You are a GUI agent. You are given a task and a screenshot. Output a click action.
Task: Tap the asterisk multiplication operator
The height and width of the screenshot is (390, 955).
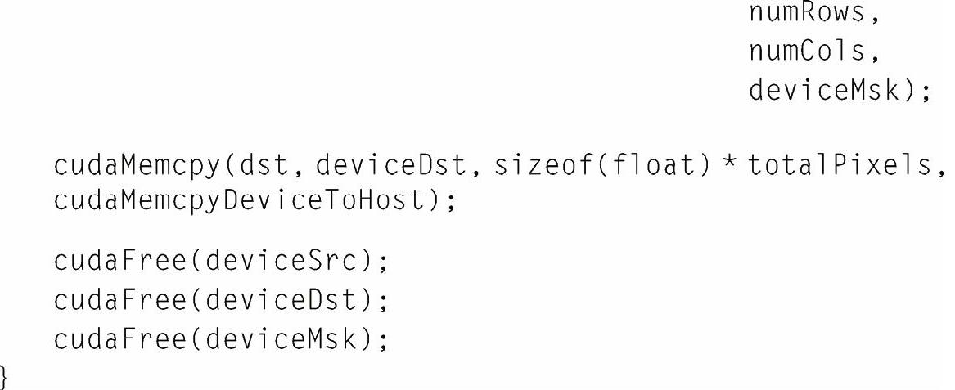(x=726, y=164)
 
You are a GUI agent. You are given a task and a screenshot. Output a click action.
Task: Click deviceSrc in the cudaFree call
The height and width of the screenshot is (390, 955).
(x=283, y=262)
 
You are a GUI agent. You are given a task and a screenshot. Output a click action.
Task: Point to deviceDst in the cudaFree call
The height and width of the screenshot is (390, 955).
(x=283, y=301)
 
